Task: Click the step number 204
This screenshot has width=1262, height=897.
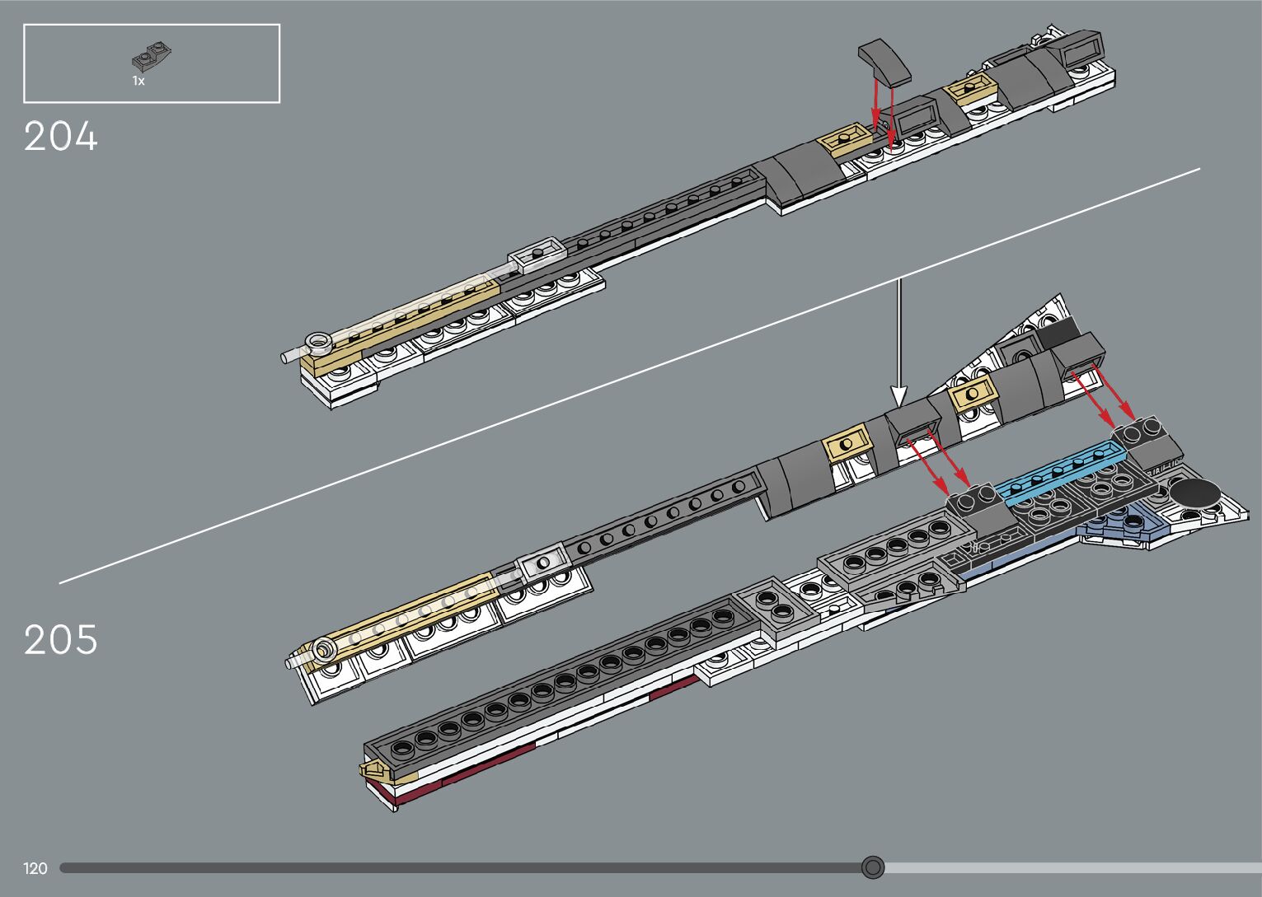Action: pos(61,137)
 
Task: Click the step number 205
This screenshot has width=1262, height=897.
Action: pos(61,640)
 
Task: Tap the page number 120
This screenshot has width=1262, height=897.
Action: pos(35,868)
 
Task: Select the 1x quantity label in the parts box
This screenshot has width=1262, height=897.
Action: pos(138,82)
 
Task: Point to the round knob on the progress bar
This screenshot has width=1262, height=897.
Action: pos(873,867)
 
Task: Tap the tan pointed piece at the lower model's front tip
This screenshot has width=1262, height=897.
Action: pos(373,771)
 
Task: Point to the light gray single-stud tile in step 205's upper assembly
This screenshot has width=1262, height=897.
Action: pos(542,563)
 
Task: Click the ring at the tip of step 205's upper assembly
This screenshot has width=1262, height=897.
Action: pos(323,651)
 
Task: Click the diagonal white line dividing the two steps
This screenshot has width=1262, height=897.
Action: pos(626,377)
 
